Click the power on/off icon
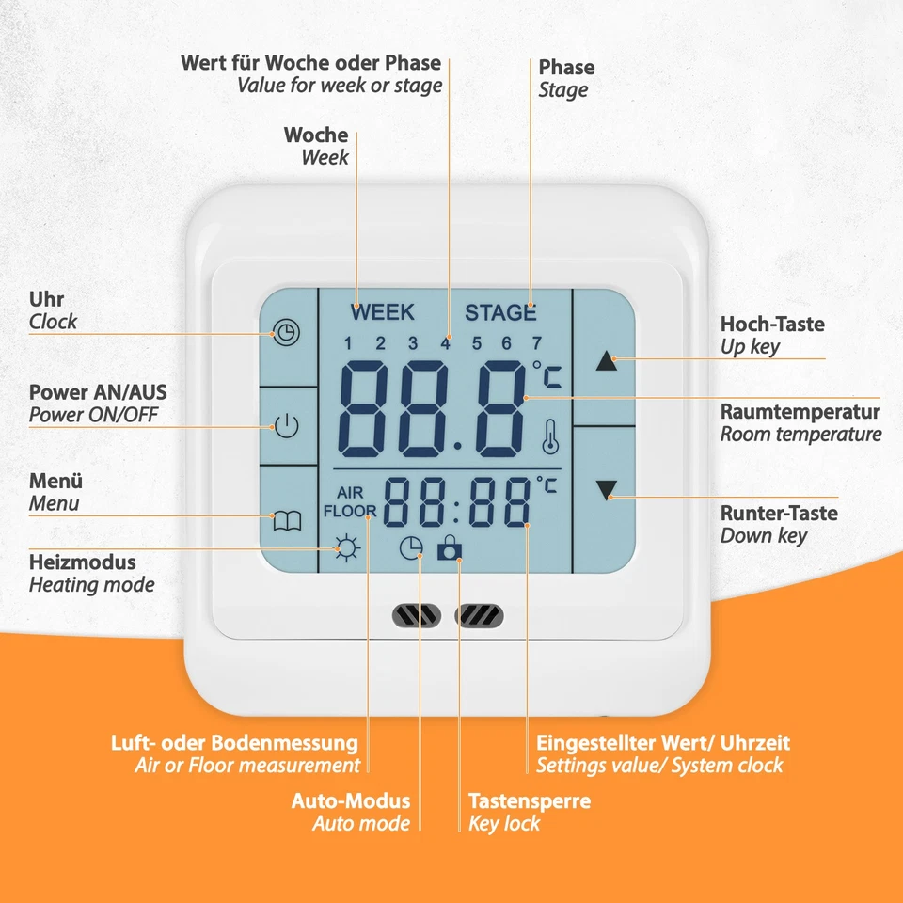pyautogui.click(x=287, y=426)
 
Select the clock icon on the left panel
pyautogui.click(x=286, y=332)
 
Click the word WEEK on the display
pyautogui.click(x=382, y=312)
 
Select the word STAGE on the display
pyautogui.click(x=500, y=312)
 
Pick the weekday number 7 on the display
pyautogui.click(x=537, y=342)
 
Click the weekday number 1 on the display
pyautogui.click(x=348, y=342)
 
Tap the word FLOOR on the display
pyautogui.click(x=350, y=512)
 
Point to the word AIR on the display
pyautogui.click(x=350, y=494)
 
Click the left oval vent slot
pyautogui.click(x=416, y=616)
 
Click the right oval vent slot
pyautogui.click(x=479, y=616)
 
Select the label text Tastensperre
pyautogui.click(x=530, y=801)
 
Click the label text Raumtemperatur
pyautogui.click(x=800, y=412)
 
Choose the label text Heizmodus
pyautogui.click(x=83, y=562)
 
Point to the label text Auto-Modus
pyautogui.click(x=351, y=801)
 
